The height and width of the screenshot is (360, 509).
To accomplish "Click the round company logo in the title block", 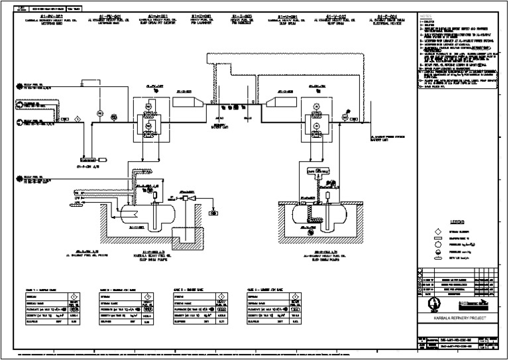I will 433,306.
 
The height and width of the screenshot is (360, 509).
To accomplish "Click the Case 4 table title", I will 263,290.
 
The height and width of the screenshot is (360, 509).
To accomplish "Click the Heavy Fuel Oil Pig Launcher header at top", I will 201,18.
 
